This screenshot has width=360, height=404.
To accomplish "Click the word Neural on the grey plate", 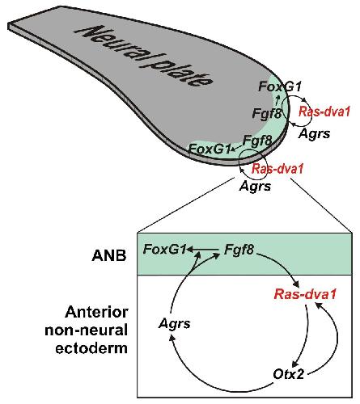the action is click(x=112, y=46).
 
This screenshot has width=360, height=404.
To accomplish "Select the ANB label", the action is click(x=109, y=255).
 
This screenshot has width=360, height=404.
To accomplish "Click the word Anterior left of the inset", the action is click(x=96, y=313).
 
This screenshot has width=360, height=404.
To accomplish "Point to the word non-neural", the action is click(x=86, y=330).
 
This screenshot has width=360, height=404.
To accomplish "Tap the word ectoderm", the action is click(x=91, y=348).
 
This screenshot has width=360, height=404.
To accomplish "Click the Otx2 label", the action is click(x=289, y=374).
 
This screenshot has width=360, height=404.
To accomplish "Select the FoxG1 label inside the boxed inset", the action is click(x=165, y=249).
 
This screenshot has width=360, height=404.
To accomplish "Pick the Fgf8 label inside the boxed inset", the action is click(x=239, y=250).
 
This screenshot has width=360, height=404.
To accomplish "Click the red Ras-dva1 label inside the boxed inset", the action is click(x=305, y=294).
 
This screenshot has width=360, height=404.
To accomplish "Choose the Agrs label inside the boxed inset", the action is click(x=175, y=323).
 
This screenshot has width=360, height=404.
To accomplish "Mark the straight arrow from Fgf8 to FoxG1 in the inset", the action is click(x=203, y=250).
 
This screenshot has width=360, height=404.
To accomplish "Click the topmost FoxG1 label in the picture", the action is click(x=280, y=86).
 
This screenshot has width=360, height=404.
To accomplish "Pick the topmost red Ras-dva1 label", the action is click(x=324, y=112).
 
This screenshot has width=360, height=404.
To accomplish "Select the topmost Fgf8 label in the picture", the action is click(x=267, y=113).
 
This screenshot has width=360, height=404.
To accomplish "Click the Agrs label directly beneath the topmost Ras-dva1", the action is click(x=314, y=133).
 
